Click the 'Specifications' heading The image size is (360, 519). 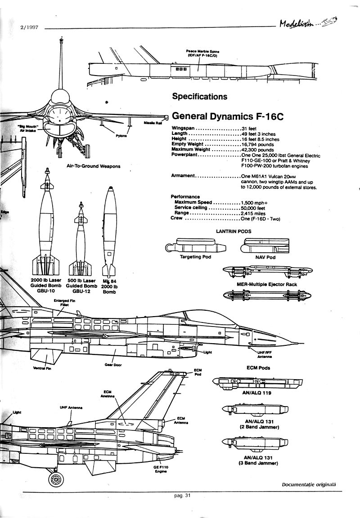[200, 96]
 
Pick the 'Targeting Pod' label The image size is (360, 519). [195, 257]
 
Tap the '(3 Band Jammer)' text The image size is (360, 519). [258, 463]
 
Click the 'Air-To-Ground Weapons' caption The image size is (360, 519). [93, 166]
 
